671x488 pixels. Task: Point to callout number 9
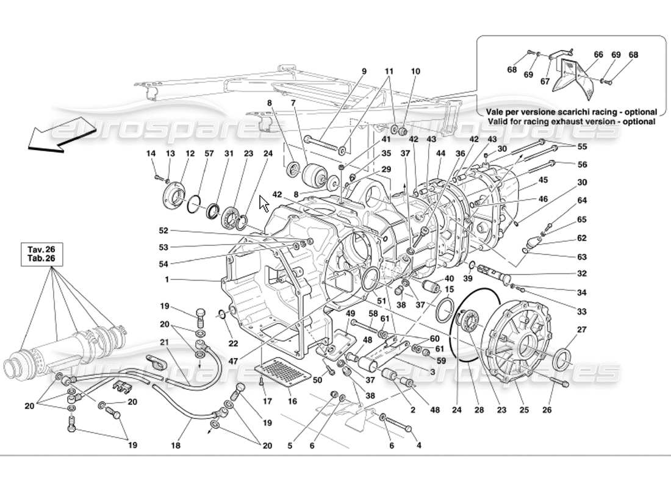[364, 71]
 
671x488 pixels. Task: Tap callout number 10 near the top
[415, 71]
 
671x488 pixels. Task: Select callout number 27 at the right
[581, 330]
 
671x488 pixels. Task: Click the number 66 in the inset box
[598, 54]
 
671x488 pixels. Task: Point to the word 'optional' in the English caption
[637, 121]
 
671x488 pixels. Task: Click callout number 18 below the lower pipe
[176, 447]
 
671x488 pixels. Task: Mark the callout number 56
[582, 165]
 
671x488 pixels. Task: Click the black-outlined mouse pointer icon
[264, 203]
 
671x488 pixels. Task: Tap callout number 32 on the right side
[581, 274]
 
